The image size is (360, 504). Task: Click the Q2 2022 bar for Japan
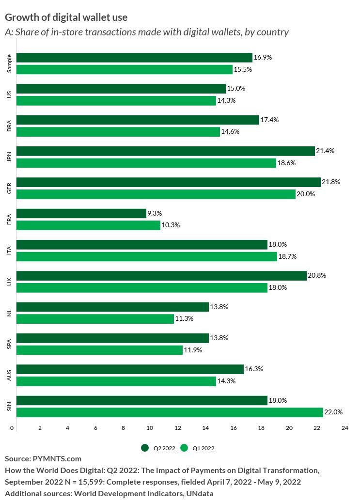click(165, 151)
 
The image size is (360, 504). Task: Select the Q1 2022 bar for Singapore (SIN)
click(170, 412)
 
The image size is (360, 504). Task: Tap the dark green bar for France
click(81, 213)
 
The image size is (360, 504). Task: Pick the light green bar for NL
click(95, 318)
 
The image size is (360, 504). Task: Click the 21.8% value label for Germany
click(331, 182)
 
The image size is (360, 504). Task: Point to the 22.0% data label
click(333, 412)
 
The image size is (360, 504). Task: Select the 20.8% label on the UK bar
click(317, 276)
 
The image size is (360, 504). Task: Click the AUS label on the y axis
click(10, 375)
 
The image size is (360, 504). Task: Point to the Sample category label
click(10, 63)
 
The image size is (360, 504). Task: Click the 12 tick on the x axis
click(178, 428)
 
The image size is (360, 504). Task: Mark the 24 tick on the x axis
click(344, 428)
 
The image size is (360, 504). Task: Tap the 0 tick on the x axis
click(12, 428)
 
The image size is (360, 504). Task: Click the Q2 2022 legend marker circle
click(144, 448)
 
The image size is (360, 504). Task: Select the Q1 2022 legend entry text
click(203, 448)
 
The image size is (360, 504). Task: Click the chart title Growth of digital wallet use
click(66, 17)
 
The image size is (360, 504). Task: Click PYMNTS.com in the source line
click(57, 458)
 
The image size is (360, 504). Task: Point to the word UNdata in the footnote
click(199, 493)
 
